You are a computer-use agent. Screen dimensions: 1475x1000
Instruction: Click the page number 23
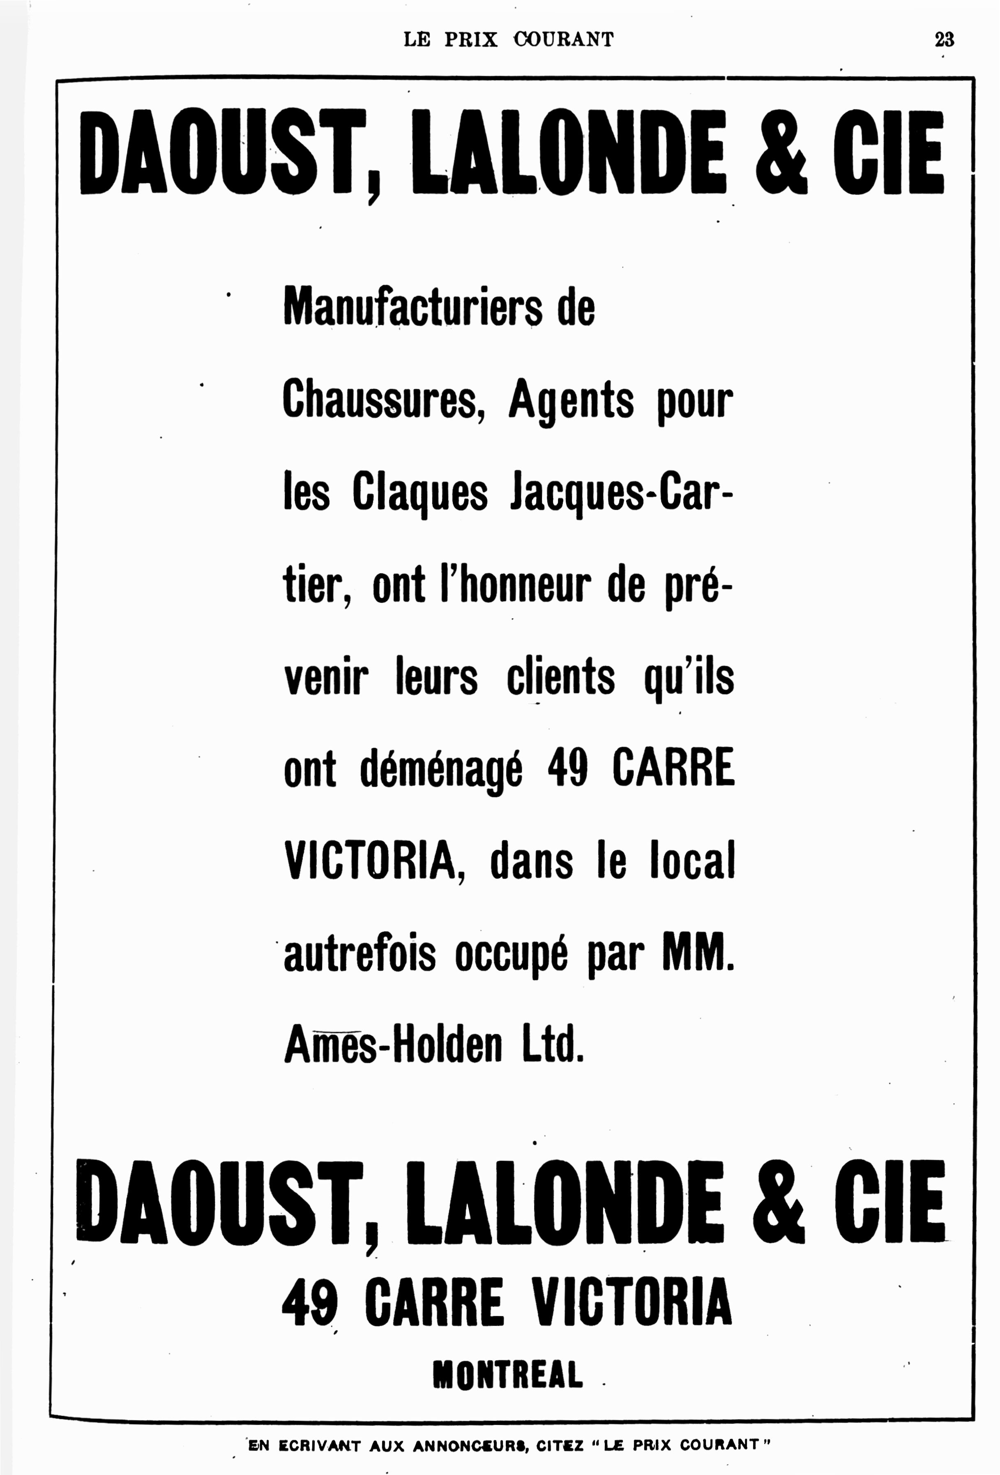pyautogui.click(x=944, y=39)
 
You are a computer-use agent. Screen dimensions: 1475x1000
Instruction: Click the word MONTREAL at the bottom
pyautogui.click(x=508, y=1376)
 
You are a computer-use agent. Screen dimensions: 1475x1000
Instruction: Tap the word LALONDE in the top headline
pyautogui.click(x=568, y=152)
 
